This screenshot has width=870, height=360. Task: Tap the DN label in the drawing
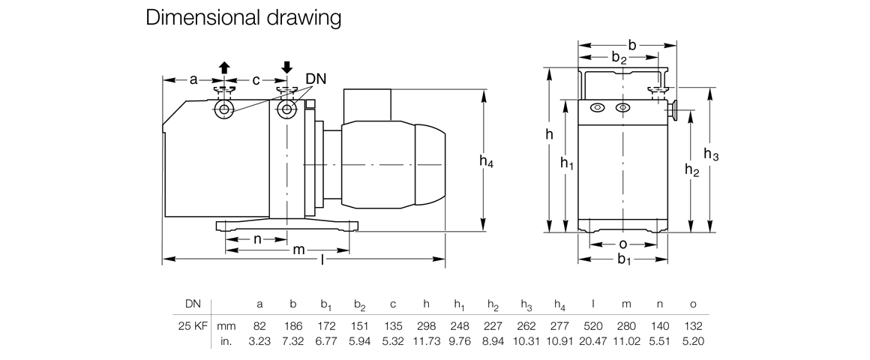pos(315,79)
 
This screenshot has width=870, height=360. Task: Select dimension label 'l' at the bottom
pos(322,259)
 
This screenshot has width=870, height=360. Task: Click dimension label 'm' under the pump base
pos(298,249)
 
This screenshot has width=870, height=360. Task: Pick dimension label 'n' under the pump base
pos(257,239)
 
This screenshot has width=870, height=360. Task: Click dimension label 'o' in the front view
pos(622,244)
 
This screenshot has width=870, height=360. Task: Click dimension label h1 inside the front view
pos(567,163)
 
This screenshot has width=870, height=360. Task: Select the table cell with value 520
pos(593,327)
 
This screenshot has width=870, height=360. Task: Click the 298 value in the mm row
pos(426,327)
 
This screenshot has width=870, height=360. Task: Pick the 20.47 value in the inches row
pos(593,341)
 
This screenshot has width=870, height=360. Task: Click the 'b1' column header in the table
pos(326,304)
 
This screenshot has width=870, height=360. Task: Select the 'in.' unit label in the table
pos(226,341)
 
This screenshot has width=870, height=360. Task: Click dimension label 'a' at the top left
pos(193,79)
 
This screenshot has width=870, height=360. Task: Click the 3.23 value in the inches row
pos(259,341)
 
